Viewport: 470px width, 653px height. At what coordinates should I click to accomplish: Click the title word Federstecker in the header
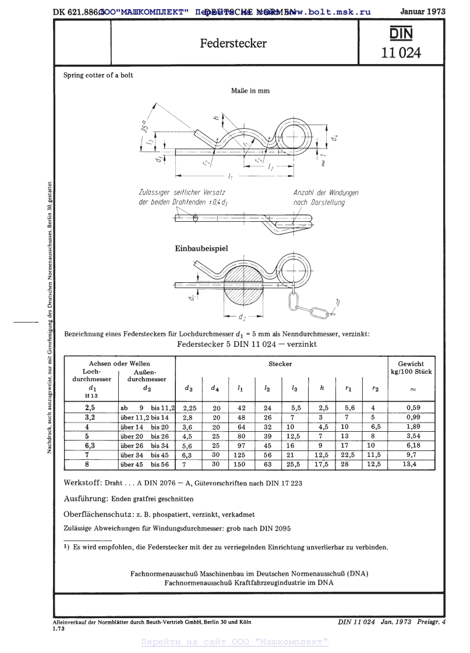234,44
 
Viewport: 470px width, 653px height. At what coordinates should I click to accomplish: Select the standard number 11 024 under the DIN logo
400,53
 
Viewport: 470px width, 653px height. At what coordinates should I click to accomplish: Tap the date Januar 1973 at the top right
423,11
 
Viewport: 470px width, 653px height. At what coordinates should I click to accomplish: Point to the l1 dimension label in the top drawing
231,176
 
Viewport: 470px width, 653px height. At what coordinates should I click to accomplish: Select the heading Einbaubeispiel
202,249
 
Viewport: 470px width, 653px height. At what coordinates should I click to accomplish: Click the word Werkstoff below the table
83,483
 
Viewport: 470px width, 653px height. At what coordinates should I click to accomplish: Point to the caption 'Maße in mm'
250,91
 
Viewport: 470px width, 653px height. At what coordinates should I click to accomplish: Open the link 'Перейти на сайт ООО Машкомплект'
235,642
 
